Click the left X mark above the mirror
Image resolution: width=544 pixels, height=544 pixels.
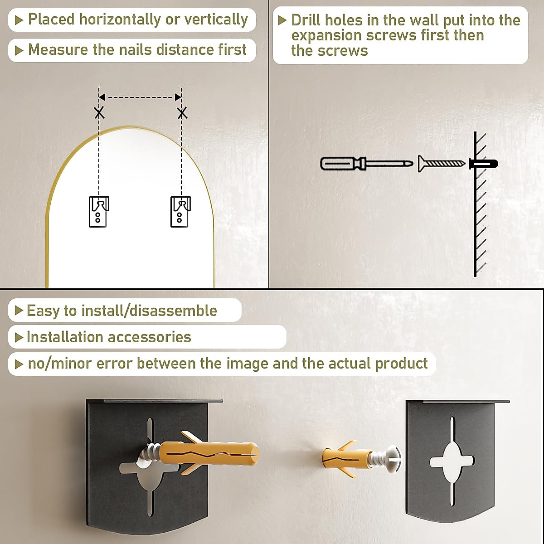click(99, 113)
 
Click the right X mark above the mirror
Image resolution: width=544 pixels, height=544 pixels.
click(182, 113)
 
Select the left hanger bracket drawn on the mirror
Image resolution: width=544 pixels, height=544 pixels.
click(99, 212)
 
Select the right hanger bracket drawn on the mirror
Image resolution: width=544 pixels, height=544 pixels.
click(180, 212)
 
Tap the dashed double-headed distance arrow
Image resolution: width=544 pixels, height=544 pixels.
click(140, 97)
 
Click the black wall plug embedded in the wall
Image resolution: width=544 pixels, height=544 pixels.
click(484, 164)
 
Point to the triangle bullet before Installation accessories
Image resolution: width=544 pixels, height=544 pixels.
click(19, 337)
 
